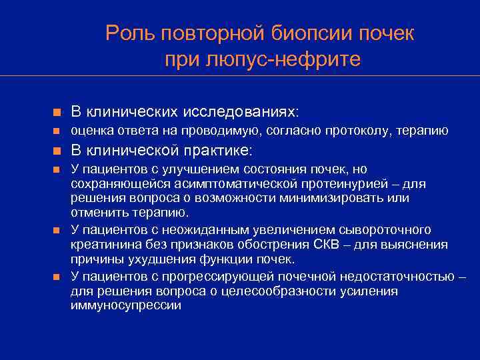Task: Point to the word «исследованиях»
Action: coord(246,109)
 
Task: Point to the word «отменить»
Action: coord(94,213)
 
